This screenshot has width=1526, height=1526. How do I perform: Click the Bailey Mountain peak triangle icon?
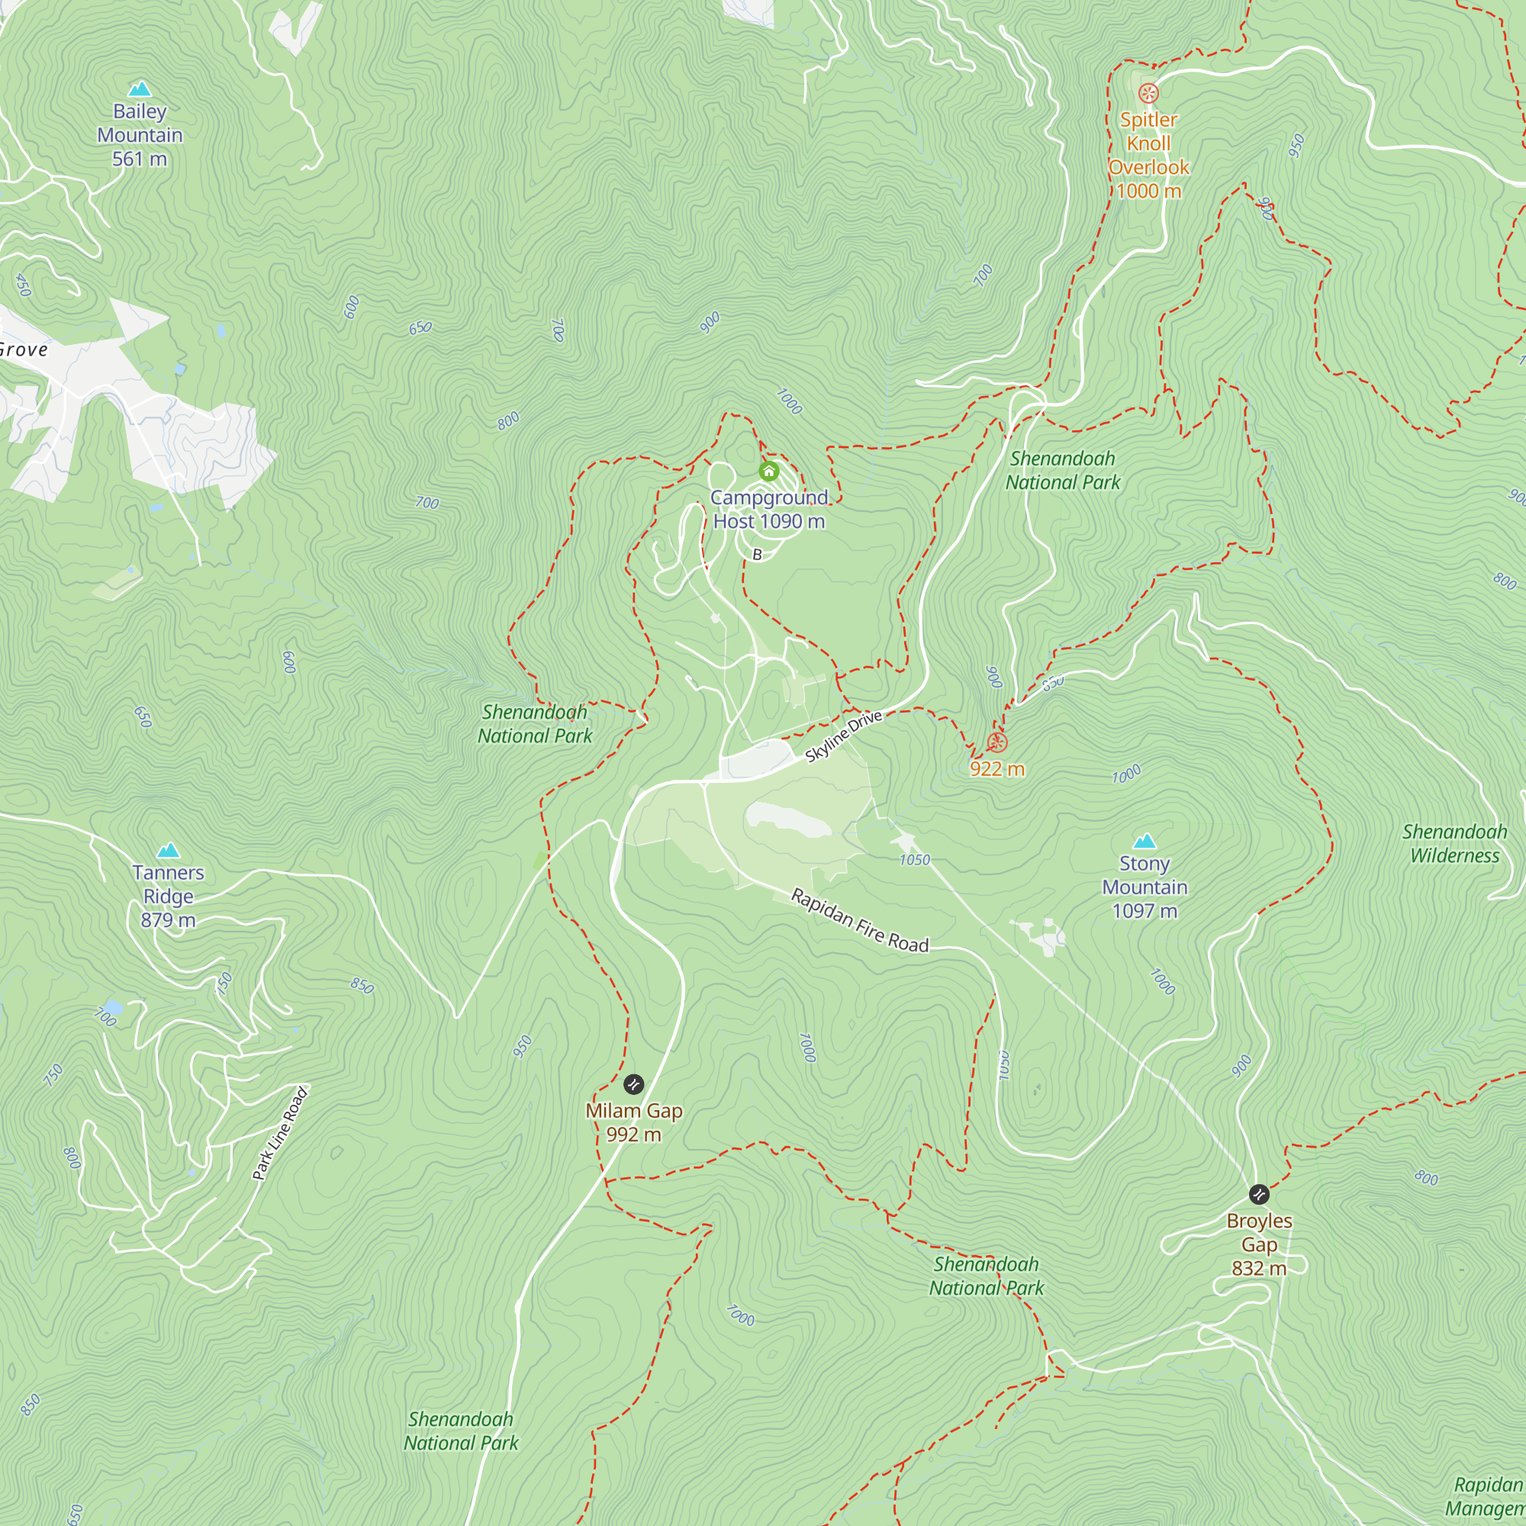[x=140, y=89]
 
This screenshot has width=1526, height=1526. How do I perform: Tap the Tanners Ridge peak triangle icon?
[x=168, y=851]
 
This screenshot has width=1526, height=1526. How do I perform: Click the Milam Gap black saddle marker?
[x=633, y=1084]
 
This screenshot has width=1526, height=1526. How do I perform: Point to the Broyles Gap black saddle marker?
[x=1259, y=1194]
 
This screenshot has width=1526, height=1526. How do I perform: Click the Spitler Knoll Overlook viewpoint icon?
[x=1148, y=93]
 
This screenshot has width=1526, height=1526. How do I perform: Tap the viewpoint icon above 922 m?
[x=996, y=742]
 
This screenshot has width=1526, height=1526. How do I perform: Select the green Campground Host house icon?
[x=768, y=472]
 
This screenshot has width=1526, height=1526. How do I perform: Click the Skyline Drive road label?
[x=843, y=736]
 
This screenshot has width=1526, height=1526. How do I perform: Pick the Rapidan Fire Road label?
[x=860, y=921]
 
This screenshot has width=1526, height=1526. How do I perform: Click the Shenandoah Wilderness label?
[x=1454, y=844]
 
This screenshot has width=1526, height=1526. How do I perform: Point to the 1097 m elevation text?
[x=1144, y=911]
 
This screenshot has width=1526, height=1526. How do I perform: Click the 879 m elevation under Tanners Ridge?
[x=168, y=920]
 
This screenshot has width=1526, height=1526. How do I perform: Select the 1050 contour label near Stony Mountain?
[x=915, y=859]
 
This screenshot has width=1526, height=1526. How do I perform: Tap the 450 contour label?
[x=23, y=285]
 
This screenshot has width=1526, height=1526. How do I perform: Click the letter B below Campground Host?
[x=757, y=555]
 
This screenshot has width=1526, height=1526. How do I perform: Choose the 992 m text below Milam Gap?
[x=633, y=1135]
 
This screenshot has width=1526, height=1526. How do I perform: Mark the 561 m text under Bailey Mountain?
[x=140, y=159]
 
